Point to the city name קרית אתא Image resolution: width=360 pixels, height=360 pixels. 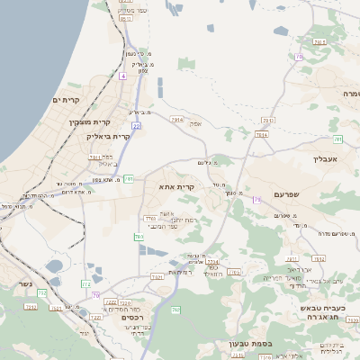coord(176,186)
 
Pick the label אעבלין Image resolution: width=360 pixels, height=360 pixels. coord(324,158)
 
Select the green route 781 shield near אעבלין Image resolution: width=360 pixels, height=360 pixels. coord(338,138)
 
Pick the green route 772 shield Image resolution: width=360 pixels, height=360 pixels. coord(86,284)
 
